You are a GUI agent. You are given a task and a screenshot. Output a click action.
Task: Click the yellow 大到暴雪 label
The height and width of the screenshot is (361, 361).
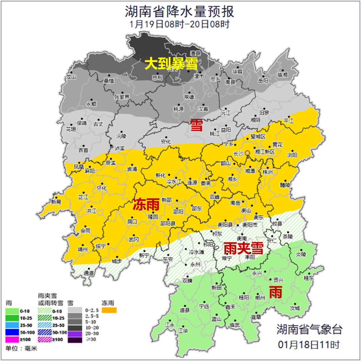pos(171,63)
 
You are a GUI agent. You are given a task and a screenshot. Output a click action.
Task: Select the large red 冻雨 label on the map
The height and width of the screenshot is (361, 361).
pos(146,205)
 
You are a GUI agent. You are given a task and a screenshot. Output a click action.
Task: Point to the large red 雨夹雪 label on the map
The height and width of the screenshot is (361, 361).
pos(243,248)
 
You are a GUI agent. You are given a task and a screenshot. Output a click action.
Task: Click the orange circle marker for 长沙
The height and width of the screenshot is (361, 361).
pos(247,153)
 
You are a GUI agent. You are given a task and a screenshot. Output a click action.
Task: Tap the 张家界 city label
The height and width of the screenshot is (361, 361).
pos(122,97)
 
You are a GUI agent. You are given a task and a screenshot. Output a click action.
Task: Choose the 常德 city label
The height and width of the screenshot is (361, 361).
pos(189,97)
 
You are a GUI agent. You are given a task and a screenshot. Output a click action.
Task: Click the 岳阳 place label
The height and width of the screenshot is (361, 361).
pos(263,81)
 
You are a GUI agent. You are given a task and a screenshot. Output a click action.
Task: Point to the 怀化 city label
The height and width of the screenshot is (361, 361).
pos(102,188)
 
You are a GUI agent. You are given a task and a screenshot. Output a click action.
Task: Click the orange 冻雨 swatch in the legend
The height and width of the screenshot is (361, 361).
pos(109,311)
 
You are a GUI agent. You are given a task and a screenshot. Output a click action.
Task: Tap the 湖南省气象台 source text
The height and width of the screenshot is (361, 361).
pos(309,330)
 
